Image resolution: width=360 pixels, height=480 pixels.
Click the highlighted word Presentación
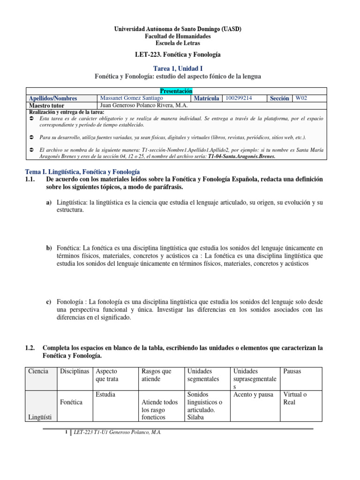[x=177, y=91]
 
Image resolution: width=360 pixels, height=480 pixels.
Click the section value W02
[x=301, y=98]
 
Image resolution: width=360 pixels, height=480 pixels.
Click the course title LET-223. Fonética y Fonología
[x=178, y=55]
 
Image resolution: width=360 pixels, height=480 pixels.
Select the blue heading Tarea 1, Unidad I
[x=178, y=68]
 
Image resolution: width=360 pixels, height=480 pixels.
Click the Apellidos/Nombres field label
[x=53, y=98]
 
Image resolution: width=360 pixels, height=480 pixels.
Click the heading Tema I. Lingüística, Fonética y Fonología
[x=82, y=172]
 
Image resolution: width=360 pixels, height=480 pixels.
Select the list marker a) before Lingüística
[x=49, y=202]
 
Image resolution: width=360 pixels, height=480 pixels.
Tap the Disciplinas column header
[x=74, y=371]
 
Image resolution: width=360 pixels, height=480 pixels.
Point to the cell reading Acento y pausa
[x=253, y=395]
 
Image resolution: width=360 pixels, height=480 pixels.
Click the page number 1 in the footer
[x=66, y=433]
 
